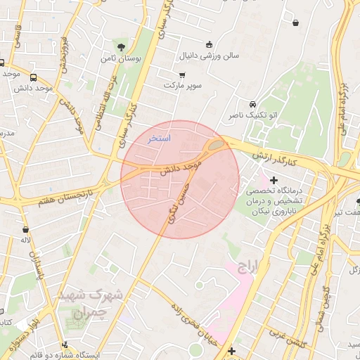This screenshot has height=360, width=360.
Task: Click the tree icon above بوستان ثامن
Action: tap(122, 47)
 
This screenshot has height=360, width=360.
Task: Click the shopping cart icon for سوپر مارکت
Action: tap(183, 75)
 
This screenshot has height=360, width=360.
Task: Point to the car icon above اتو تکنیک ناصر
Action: tap(252, 103)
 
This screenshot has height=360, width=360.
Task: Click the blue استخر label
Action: tap(159, 139)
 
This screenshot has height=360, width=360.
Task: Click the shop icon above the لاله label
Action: tap(26, 229)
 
